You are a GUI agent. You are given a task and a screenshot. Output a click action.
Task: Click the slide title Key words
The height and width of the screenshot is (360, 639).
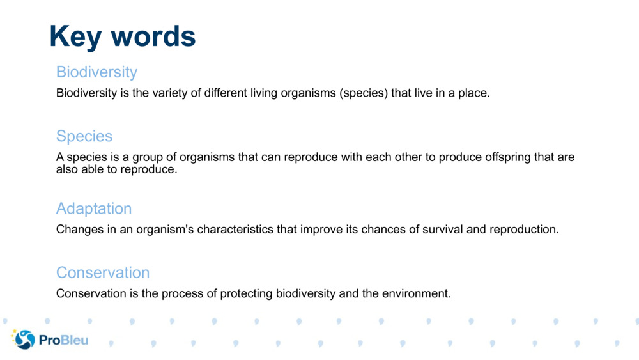122,36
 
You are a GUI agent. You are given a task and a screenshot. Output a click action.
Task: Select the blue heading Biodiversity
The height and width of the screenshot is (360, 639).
96,71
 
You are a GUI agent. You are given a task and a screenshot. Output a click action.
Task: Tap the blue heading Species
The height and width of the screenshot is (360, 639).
84,136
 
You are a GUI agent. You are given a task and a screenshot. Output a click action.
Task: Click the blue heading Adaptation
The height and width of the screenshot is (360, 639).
94,208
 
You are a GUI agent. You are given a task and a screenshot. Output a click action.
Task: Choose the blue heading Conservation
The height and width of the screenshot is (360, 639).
103,272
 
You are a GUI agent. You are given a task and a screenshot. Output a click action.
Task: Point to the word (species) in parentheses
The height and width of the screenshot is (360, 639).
362,93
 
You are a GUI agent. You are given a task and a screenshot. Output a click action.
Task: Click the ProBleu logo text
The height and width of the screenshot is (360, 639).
63,340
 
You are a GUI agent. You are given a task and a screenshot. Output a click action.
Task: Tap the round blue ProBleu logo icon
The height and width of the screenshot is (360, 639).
24,340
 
